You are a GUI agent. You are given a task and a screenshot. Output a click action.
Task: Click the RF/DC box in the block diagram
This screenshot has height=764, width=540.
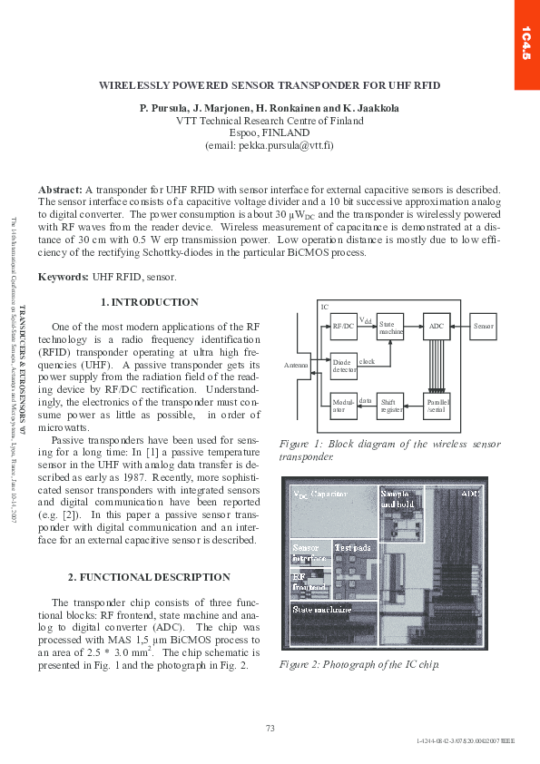tap(342, 325)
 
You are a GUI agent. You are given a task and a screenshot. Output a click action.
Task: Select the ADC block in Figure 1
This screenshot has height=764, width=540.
tap(437, 325)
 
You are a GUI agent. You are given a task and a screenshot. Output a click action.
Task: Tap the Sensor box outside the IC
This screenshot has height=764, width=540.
tap(484, 325)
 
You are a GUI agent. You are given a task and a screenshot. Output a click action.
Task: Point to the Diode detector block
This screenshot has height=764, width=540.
tap(344, 366)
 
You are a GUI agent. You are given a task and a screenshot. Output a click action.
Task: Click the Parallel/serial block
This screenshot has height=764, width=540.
tap(437, 404)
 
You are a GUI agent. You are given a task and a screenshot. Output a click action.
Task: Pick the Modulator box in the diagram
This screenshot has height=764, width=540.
tap(343, 404)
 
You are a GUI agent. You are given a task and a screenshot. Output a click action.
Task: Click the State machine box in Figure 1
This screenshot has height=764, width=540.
tap(389, 325)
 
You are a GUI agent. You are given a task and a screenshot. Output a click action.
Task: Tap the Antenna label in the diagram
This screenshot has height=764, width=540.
tap(297, 365)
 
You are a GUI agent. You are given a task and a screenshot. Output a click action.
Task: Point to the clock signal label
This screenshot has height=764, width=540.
tap(367, 362)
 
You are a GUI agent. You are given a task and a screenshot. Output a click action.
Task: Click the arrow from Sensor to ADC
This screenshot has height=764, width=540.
tap(460, 325)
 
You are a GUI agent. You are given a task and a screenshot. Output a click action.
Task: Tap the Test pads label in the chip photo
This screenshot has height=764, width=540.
tap(352, 547)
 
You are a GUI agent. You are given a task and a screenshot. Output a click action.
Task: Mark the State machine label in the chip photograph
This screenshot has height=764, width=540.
tap(321, 610)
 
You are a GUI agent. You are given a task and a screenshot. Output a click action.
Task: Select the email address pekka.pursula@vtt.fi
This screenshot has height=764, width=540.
tap(269, 144)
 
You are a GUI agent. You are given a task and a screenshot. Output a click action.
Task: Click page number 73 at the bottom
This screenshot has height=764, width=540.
tap(270, 728)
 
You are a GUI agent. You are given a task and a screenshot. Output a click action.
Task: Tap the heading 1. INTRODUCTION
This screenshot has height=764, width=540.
tap(149, 302)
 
